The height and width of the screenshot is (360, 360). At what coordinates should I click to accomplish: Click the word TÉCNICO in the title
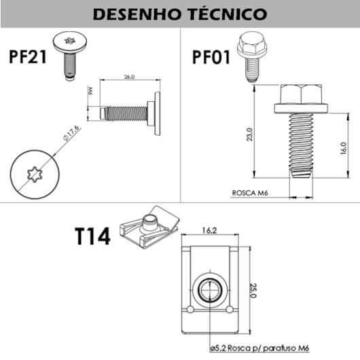[x=228, y=14]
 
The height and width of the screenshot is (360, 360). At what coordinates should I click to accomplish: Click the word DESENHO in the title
[x=137, y=14]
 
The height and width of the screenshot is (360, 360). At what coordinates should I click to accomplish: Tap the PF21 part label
[x=28, y=56]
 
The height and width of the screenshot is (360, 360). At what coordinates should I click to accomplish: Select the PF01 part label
[x=211, y=58]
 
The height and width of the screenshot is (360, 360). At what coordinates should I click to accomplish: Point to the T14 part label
[x=93, y=236]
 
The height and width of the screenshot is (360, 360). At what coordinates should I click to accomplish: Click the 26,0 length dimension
[x=129, y=77]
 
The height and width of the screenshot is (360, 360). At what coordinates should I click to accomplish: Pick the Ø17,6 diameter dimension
[x=71, y=132]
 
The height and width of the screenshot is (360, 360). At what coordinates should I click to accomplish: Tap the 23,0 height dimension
[x=249, y=134]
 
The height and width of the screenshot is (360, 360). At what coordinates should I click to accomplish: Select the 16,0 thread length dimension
[x=343, y=148]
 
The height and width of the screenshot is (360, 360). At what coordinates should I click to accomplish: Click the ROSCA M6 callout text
[x=250, y=193]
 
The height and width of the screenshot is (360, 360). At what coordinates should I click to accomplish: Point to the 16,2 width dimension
[x=209, y=230]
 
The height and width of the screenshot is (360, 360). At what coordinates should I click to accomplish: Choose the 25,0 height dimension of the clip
[x=253, y=291]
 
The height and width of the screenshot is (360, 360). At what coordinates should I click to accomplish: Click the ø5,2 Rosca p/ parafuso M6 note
[x=259, y=348]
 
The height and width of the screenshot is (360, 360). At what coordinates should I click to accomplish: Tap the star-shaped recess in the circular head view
[x=35, y=175]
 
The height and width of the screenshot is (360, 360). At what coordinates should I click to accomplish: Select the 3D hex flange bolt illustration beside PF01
[x=252, y=56]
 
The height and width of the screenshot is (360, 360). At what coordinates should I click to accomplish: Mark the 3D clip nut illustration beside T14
[x=149, y=228]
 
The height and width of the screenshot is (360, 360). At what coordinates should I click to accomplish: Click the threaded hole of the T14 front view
[x=210, y=290]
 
